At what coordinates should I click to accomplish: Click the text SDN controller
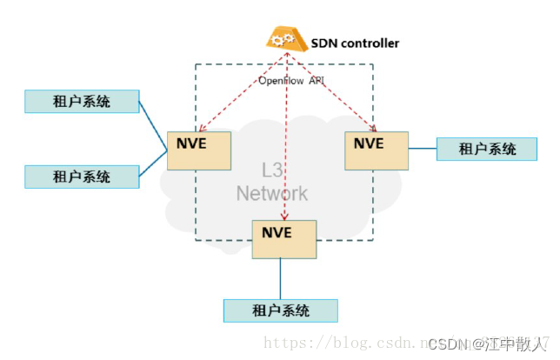click(x=355, y=43)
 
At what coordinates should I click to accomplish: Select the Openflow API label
click(x=290, y=81)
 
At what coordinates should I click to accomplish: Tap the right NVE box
click(x=376, y=150)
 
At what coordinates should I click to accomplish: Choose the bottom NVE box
click(x=284, y=238)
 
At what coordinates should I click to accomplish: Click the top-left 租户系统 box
click(x=82, y=101)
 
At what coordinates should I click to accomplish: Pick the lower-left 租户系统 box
click(x=82, y=177)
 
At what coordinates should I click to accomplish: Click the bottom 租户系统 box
click(x=280, y=310)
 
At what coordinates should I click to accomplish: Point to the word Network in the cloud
click(x=272, y=193)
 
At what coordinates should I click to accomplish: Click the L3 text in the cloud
click(x=273, y=169)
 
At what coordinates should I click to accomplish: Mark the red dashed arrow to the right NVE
click(x=335, y=94)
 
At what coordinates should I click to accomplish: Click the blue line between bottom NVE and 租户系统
click(x=280, y=278)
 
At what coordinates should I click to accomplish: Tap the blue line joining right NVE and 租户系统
click(x=422, y=149)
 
